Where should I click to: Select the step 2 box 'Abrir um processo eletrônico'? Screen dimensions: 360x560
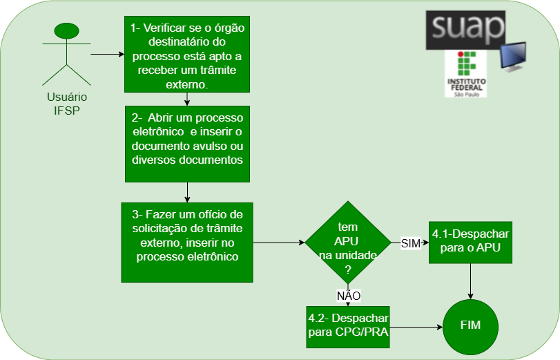click(187, 144)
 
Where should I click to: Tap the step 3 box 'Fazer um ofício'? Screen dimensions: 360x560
click(187, 242)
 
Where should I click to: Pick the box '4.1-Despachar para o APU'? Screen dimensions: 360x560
click(470, 242)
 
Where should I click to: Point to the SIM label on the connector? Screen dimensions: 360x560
click(410, 243)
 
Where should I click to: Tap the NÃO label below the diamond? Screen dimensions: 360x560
click(349, 296)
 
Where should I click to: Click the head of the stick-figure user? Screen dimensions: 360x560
click(67, 31)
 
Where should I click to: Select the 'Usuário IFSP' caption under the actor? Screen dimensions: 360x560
click(67, 104)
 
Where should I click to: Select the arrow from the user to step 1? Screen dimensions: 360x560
click(107, 54)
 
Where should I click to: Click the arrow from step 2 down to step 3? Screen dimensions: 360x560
click(188, 191)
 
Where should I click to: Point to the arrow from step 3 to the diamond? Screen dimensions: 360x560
click(279, 243)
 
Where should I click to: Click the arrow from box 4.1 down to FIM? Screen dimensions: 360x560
click(470, 281)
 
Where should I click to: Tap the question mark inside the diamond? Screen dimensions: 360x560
click(347, 269)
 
